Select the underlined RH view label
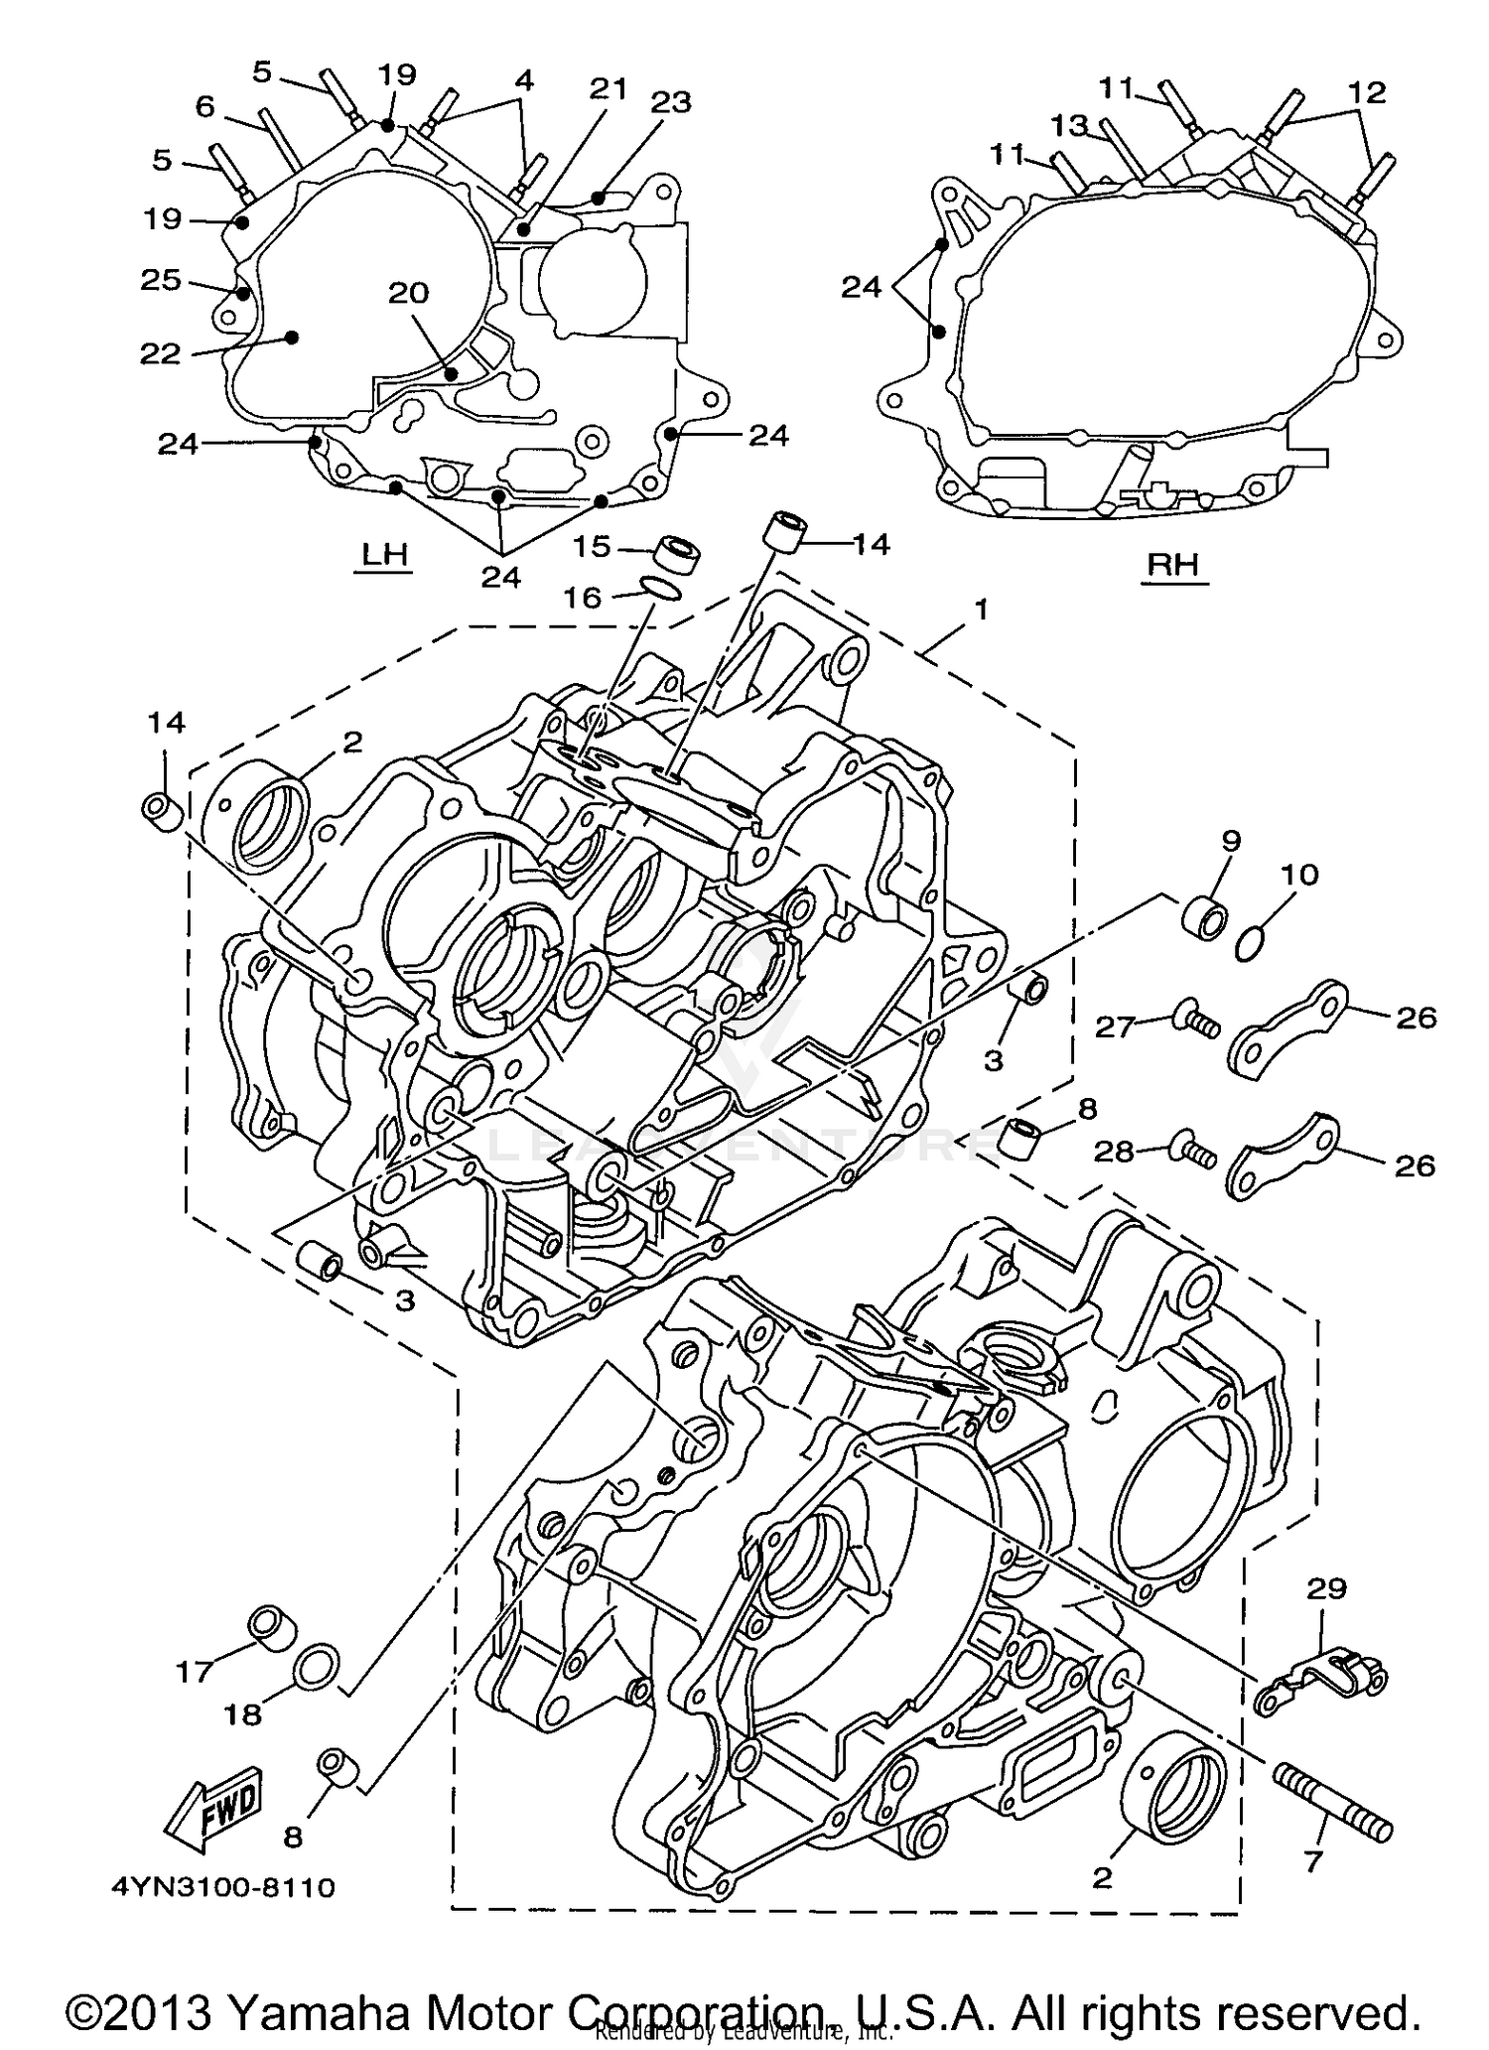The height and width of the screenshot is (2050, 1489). coord(1174,565)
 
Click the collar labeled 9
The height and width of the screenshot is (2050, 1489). coord(1204,916)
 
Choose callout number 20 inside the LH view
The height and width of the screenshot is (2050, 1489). coord(408,293)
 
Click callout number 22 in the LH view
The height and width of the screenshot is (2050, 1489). coord(160,353)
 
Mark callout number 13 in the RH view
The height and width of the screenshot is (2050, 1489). coord(1070,125)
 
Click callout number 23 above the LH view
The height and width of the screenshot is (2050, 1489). coord(670,102)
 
